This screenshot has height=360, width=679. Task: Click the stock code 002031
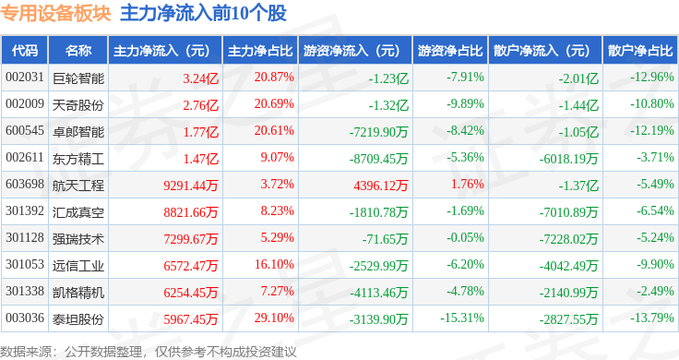pos(25,78)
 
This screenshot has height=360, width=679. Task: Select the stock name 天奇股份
pos(78,105)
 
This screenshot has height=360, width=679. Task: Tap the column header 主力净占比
pos(260,51)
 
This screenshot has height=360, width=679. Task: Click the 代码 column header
pos(25,51)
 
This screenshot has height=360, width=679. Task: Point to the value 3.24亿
pos(200,78)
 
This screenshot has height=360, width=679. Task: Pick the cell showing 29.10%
pos(274,318)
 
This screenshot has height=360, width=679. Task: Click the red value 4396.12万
pos(381,186)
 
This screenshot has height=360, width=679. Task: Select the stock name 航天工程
pos(78,186)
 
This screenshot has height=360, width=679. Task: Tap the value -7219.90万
pos(378,132)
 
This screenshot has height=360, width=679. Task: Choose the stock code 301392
pos(25,211)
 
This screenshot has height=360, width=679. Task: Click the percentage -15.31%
pos(462,318)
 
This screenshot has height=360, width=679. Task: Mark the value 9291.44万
pos(191,186)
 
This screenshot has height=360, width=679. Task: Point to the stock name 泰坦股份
pos(78,319)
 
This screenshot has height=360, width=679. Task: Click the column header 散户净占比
pos(640,51)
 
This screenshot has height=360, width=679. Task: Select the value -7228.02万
pos(568,239)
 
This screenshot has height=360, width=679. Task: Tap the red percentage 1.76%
pos(467,184)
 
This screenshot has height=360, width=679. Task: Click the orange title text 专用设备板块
pos(56,14)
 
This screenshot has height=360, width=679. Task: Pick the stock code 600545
pos(25,131)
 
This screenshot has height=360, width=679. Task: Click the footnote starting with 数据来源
pos(149,352)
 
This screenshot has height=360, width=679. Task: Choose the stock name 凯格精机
pos(78,293)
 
